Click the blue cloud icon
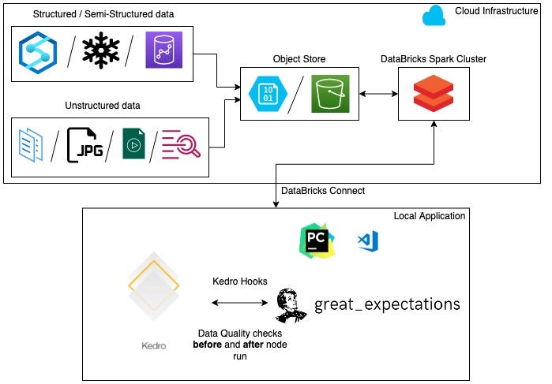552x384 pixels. pos(434,14)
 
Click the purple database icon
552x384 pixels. pos(163,51)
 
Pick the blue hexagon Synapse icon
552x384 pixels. pos(37,51)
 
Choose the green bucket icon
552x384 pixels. pos(330,93)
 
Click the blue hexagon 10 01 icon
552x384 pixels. pos(268,94)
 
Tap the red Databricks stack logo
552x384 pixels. pos(434,94)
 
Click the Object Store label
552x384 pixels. pos(299,58)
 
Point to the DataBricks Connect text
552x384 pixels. pos(322,191)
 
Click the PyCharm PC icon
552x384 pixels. pos(317,240)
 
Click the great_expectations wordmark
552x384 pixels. pos(387,304)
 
